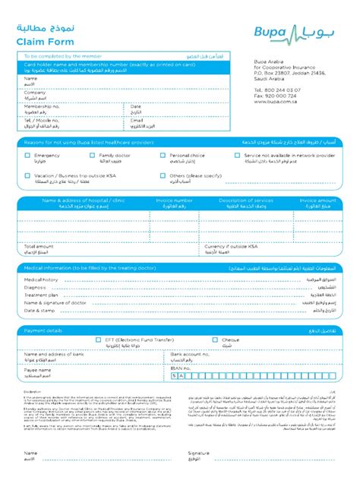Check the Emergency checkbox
[28, 155]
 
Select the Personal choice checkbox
[163, 155]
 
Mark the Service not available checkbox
[237, 155]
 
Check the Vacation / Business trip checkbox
[28, 175]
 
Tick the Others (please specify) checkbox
[163, 175]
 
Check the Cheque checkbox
[216, 340]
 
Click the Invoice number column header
[174, 201]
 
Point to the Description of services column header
[246, 201]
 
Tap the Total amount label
[39, 247]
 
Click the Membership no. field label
[42, 106]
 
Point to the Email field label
[137, 120]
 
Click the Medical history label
[41, 279]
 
